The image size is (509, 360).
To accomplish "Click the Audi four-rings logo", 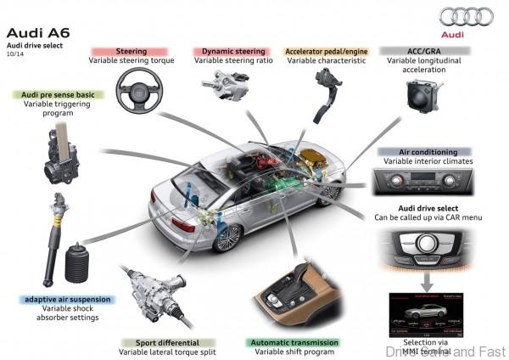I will (x=467, y=16).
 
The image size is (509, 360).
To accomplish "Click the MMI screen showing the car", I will (x=428, y=311).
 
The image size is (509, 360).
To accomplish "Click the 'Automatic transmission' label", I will (x=294, y=342).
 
